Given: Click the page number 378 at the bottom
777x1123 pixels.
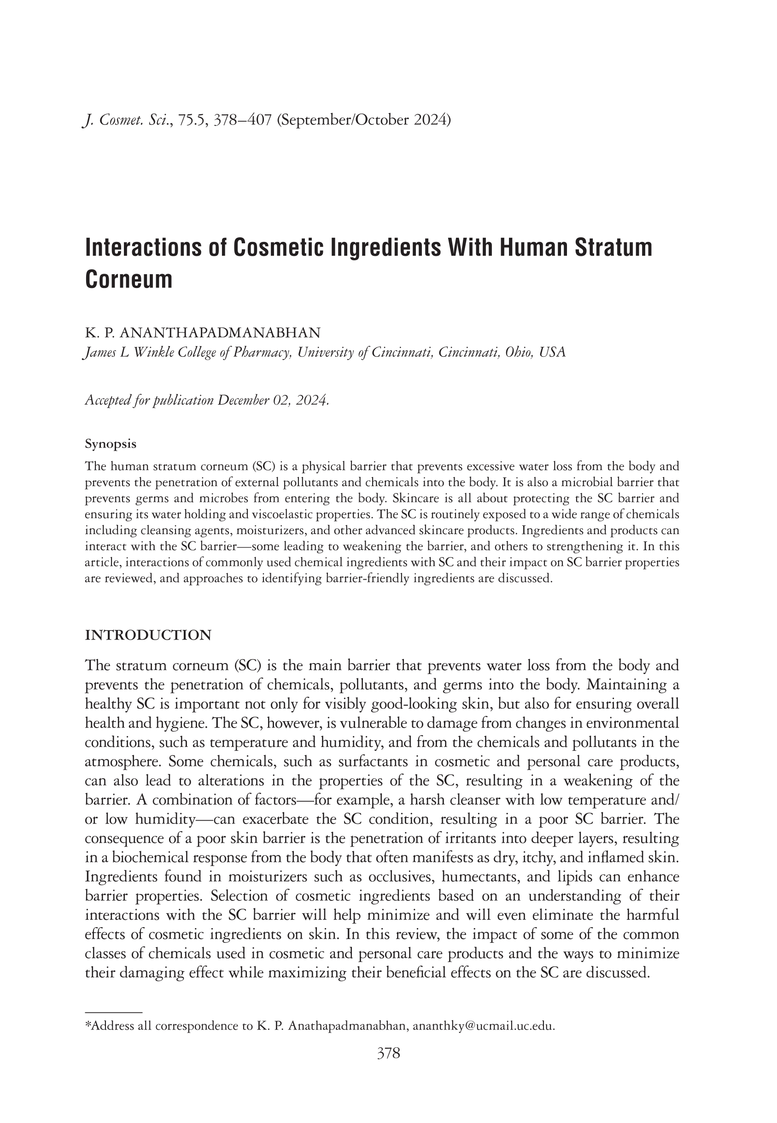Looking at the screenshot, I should (389, 1053).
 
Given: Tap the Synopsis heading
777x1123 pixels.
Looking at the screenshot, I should (111, 444).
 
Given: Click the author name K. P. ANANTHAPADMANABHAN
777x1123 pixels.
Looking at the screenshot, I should (203, 333).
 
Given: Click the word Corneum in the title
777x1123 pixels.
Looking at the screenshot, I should (129, 280).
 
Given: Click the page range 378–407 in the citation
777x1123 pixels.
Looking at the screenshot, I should (242, 120).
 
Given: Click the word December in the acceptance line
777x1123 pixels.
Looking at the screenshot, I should (243, 400).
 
